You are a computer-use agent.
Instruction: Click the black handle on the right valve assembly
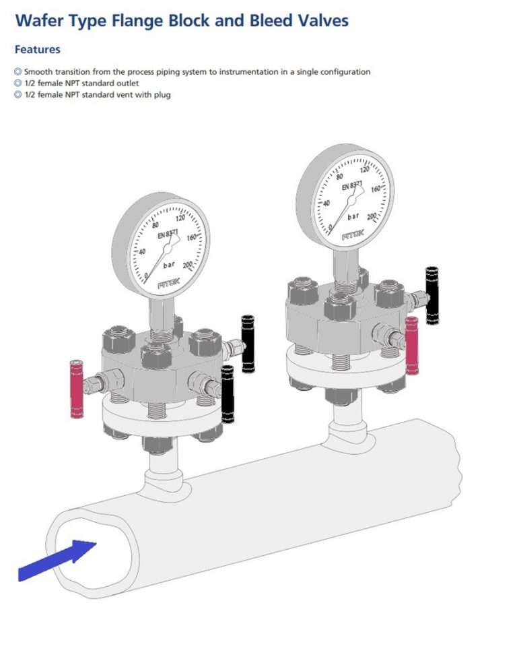(x=432, y=295)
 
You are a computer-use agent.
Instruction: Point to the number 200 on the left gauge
(x=186, y=264)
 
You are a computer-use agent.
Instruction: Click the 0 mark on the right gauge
(x=331, y=226)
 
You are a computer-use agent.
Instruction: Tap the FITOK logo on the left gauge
(x=168, y=284)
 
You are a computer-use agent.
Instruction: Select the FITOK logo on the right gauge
(x=353, y=236)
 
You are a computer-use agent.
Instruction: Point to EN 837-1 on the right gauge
(x=352, y=185)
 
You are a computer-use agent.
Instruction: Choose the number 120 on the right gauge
(x=366, y=170)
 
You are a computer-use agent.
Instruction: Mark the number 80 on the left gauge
(x=156, y=226)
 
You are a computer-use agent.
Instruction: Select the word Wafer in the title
(x=39, y=21)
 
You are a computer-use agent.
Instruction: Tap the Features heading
(x=37, y=49)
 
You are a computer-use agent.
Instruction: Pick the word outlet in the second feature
(x=126, y=83)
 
